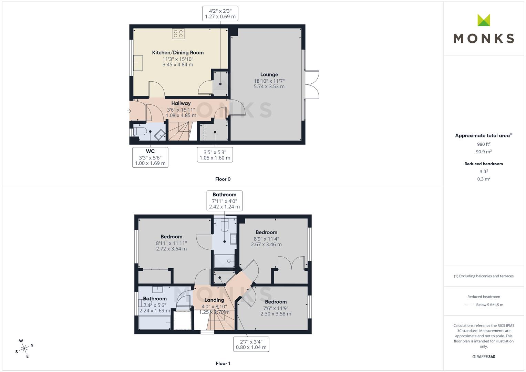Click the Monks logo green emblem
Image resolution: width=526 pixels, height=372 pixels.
(x=484, y=20)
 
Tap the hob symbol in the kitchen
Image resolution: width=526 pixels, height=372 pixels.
(x=178, y=34)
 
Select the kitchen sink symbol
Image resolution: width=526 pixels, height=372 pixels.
(x=138, y=63)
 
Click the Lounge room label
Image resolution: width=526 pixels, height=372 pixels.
(x=269, y=74)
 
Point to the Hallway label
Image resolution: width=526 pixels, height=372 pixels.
(x=181, y=103)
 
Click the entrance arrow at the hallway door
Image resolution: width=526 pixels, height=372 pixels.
(x=129, y=111)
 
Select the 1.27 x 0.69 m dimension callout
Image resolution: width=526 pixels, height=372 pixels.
(x=220, y=14)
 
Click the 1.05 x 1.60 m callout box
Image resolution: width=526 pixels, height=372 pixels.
(x=215, y=155)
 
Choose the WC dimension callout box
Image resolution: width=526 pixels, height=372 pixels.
(x=150, y=157)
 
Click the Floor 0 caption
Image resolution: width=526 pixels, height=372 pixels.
(x=223, y=179)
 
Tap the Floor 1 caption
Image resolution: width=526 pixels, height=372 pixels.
(x=223, y=363)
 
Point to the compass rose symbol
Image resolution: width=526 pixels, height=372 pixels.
(x=24, y=349)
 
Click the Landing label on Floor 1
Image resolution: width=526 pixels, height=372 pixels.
(x=214, y=300)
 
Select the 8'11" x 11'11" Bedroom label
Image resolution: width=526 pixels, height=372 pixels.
(x=172, y=242)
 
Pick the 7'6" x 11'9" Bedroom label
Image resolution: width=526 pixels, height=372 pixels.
(x=276, y=308)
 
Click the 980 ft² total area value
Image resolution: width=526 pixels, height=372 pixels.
(x=484, y=144)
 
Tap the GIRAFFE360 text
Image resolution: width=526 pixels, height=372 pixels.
(x=484, y=357)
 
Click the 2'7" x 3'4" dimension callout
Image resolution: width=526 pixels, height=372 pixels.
(x=251, y=344)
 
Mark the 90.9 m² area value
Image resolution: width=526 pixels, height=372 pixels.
(x=484, y=152)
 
